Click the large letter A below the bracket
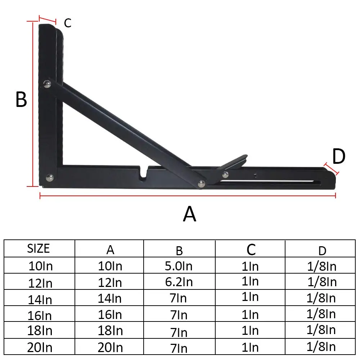[190, 215]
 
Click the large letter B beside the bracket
[21, 100]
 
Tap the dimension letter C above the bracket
[68, 23]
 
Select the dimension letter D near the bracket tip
[338, 157]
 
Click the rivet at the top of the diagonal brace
[47, 84]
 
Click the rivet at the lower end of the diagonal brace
[201, 184]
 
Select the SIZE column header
[39, 248]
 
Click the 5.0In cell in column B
[179, 266]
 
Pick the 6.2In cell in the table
[179, 282]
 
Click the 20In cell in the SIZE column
[40, 347]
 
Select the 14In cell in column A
[110, 298]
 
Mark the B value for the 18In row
[179, 332]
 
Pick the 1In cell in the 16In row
[250, 315]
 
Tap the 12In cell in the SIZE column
[40, 283]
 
